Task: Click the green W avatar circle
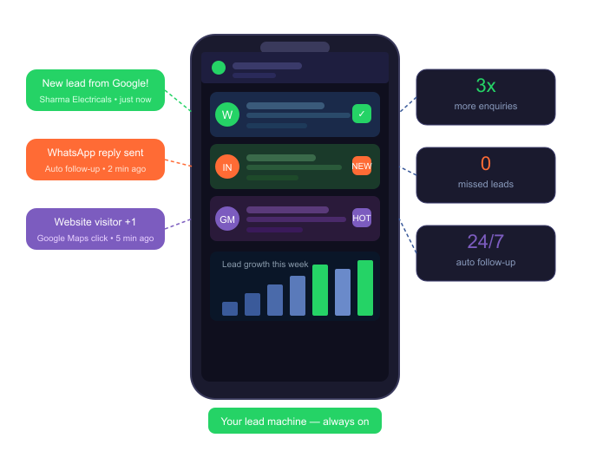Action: pos(227,114)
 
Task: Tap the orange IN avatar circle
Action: pos(227,167)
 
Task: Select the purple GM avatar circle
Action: pos(227,219)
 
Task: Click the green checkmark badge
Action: pos(362,114)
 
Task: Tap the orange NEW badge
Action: pos(362,166)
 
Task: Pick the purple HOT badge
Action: pos(362,218)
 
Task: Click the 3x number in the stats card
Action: pos(486,86)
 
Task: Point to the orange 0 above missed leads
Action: pos(486,164)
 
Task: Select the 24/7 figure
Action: pos(486,242)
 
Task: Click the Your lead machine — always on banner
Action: pos(295,421)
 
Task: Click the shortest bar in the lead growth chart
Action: pos(230,309)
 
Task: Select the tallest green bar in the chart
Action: pos(365,288)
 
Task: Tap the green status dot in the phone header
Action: pos(219,68)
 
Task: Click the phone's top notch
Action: pos(295,47)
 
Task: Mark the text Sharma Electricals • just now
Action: pos(95,100)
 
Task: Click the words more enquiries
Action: pos(486,107)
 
